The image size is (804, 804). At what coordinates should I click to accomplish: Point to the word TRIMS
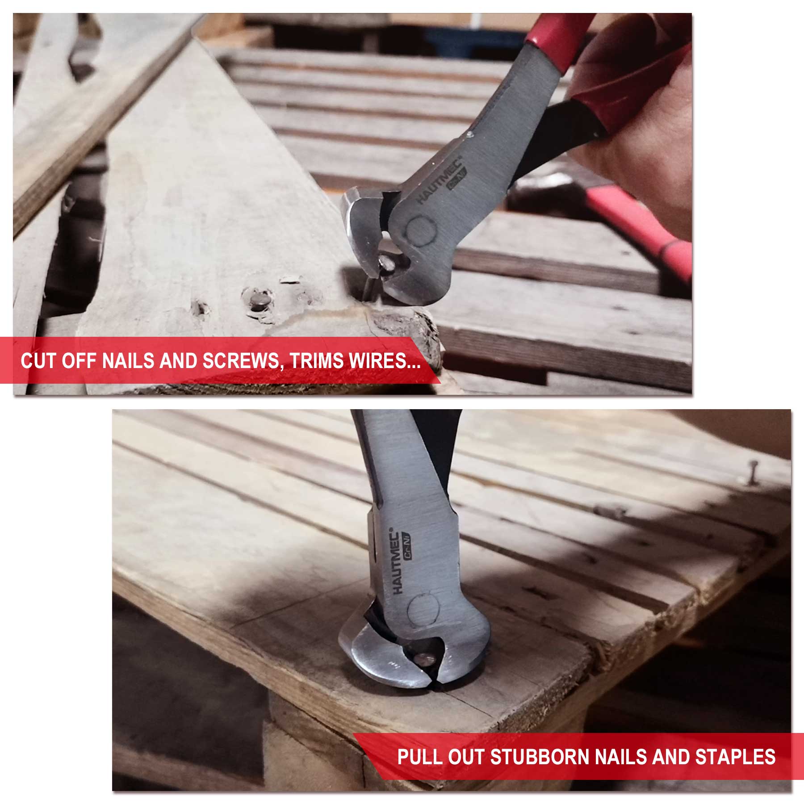point(317,360)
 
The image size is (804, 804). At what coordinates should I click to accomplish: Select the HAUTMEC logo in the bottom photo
point(396,561)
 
